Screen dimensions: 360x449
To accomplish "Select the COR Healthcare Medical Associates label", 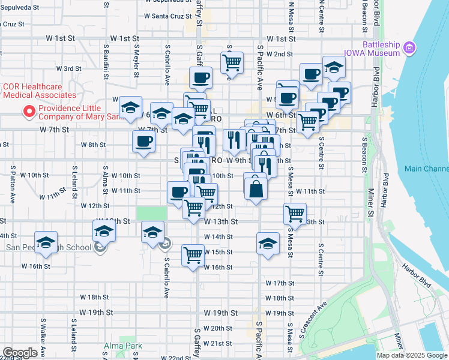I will [40, 91].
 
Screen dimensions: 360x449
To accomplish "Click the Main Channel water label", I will [426, 169].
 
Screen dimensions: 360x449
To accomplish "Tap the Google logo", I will [20, 353].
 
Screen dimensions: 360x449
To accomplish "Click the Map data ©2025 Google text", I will [412, 355].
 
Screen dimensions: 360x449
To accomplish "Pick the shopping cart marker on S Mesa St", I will [295, 213].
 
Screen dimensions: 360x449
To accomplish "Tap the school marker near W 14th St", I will [268, 243].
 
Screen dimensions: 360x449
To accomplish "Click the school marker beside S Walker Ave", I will [46, 242].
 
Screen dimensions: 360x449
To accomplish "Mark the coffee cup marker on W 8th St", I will [143, 142].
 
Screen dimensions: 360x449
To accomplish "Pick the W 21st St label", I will [217, 343].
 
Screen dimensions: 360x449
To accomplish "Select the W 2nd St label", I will [279, 54].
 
